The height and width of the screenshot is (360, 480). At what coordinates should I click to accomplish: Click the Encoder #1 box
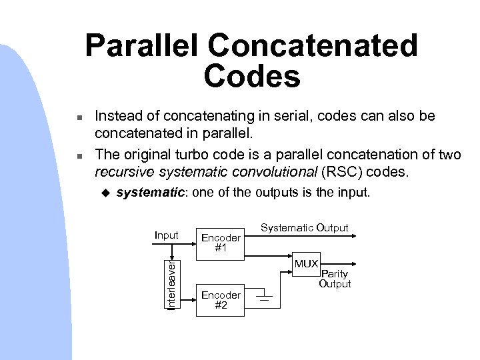coord(221,242)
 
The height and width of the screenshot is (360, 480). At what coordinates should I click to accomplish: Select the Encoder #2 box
coord(221,298)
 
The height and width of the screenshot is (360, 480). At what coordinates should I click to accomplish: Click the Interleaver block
coord(172,284)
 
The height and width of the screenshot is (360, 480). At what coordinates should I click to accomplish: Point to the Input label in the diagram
coord(166,235)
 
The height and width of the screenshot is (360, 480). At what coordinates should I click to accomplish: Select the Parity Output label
coord(335,279)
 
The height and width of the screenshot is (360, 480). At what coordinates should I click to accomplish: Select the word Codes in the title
coord(253,77)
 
